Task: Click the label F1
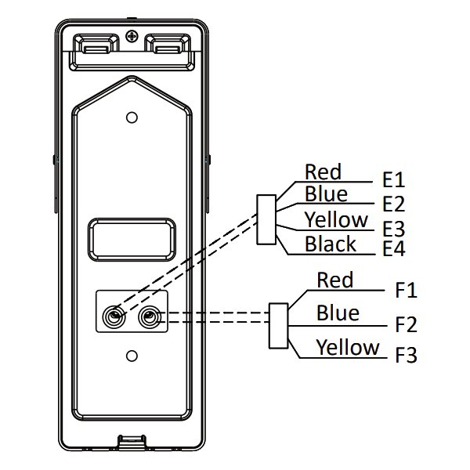pyautogui.click(x=407, y=291)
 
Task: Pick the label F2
pyautogui.click(x=407, y=324)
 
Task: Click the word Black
pyautogui.click(x=331, y=244)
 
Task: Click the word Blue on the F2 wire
pyautogui.click(x=338, y=313)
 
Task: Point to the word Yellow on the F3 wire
pyautogui.click(x=348, y=346)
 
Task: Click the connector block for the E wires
pyautogui.click(x=266, y=219)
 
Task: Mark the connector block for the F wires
pyautogui.click(x=278, y=325)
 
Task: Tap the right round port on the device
pyautogui.click(x=150, y=317)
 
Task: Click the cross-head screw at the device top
pyautogui.click(x=132, y=36)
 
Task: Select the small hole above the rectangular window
pyautogui.click(x=132, y=117)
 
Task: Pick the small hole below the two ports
pyautogui.click(x=132, y=355)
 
